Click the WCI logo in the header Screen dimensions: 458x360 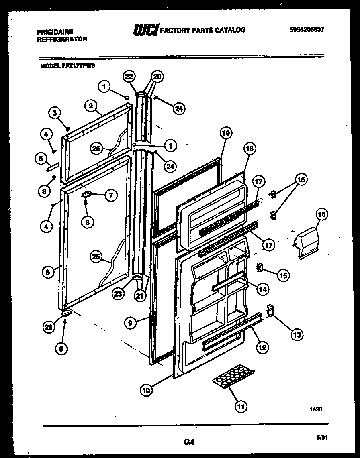(145, 30)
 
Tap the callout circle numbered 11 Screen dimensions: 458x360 (240, 407)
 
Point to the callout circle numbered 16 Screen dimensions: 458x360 (321, 215)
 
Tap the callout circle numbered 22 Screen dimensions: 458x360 (129, 76)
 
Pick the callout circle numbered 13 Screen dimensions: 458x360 (297, 333)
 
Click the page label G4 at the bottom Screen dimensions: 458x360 (189, 442)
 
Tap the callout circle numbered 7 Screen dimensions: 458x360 (110, 195)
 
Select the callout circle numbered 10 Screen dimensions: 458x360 (147, 389)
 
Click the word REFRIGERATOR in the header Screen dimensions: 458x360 (62, 39)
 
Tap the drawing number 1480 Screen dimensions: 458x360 (316, 409)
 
